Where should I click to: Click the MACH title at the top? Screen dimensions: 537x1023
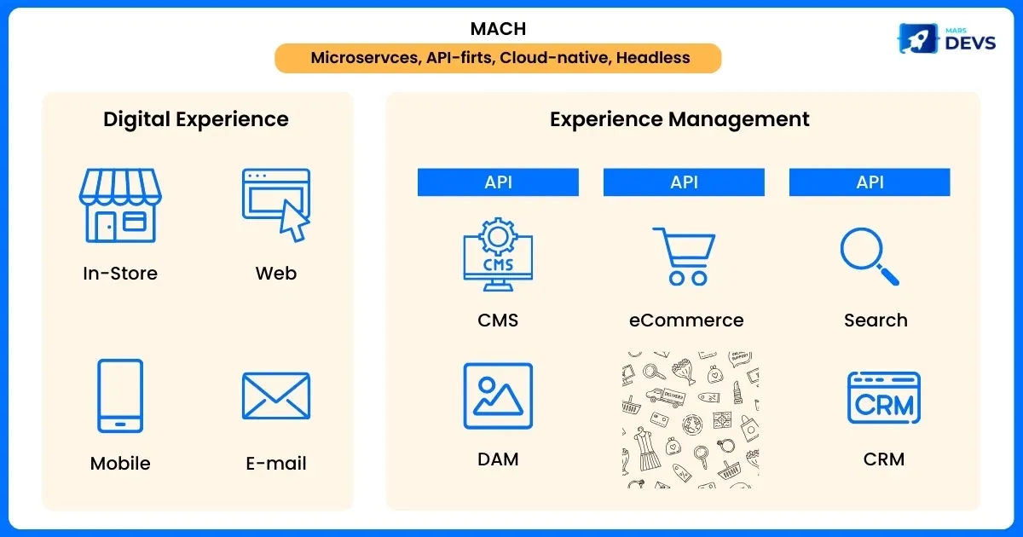click(x=498, y=28)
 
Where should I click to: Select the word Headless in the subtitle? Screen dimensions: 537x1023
click(x=653, y=58)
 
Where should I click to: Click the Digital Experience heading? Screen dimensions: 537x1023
click(x=196, y=119)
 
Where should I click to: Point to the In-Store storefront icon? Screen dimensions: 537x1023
click(x=120, y=205)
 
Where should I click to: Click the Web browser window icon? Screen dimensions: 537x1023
click(x=275, y=205)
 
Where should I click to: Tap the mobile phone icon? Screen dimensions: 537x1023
click(x=120, y=396)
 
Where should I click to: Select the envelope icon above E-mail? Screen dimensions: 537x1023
click(x=275, y=396)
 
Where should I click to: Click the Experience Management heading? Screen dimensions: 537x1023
click(x=679, y=119)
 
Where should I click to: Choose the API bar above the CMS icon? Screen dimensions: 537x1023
click(x=498, y=182)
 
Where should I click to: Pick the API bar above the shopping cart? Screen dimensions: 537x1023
click(x=684, y=182)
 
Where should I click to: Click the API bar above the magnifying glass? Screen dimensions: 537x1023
click(x=870, y=182)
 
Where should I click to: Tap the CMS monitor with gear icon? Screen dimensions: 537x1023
click(x=498, y=249)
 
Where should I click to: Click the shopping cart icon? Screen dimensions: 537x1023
click(x=684, y=254)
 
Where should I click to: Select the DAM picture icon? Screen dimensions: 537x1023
click(x=498, y=396)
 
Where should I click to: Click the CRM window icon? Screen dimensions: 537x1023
click(x=883, y=398)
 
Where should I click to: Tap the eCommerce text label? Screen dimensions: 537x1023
click(x=686, y=320)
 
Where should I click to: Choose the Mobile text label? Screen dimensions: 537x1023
click(x=120, y=464)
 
